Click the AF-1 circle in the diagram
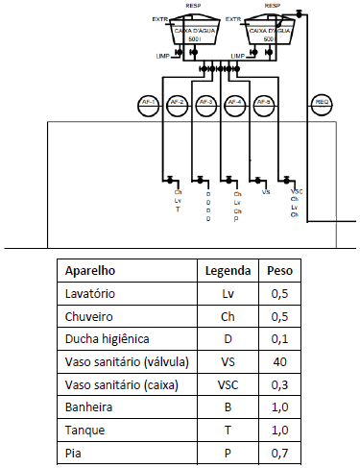click(x=148, y=102)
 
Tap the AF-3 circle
click(x=205, y=102)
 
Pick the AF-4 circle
click(x=235, y=102)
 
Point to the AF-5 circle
click(x=264, y=102)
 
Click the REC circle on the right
click(x=324, y=102)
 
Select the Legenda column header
click(x=228, y=270)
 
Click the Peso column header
click(x=279, y=270)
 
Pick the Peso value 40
click(x=279, y=361)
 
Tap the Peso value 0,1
click(x=279, y=338)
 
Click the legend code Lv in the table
click(x=228, y=293)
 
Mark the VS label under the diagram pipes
click(x=266, y=192)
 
